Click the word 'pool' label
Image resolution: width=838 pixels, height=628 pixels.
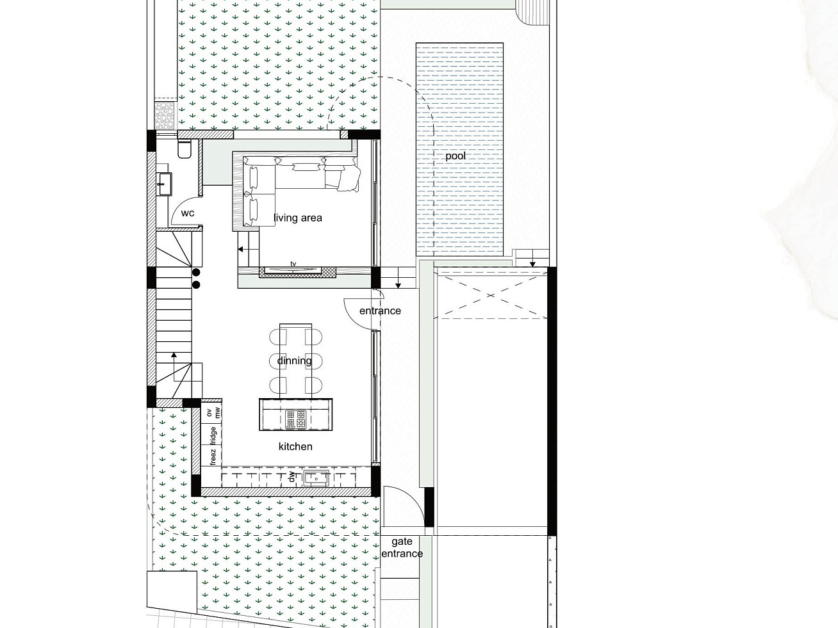(456, 156)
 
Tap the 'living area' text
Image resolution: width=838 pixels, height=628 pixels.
(298, 218)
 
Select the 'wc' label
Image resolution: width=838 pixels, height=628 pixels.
(188, 213)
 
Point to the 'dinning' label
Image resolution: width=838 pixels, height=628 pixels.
(294, 360)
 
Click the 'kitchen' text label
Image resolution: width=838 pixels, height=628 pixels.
(295, 446)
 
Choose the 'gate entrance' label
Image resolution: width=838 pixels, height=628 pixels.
(402, 547)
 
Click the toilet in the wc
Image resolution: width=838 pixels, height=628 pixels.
(185, 149)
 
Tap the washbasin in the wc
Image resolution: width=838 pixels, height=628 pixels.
(165, 184)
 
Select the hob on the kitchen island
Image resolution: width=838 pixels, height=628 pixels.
(296, 419)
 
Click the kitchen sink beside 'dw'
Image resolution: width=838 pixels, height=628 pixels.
(316, 478)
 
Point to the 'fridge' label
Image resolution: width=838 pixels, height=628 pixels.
(213, 436)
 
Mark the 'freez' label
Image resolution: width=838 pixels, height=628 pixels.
(213, 457)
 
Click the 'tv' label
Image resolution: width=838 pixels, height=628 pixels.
(293, 264)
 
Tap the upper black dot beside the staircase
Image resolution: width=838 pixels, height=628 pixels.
(196, 272)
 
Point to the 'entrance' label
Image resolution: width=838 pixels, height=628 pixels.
(380, 311)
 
